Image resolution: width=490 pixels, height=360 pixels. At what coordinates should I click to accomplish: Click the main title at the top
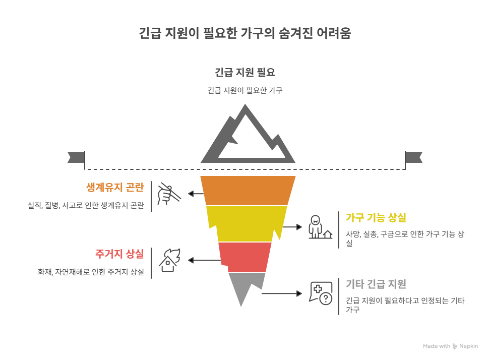tap(245, 34)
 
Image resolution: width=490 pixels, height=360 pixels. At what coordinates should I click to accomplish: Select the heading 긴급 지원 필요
tap(245, 72)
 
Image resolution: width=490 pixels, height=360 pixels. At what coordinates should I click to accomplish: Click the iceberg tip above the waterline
tap(248, 136)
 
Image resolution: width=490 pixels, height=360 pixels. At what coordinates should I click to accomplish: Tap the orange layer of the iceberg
tap(248, 190)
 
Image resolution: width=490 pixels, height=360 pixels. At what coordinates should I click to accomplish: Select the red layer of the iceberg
tap(246, 256)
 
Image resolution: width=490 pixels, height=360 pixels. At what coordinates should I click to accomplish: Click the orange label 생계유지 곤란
tap(115, 188)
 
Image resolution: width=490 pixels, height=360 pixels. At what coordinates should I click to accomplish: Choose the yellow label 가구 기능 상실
tap(376, 218)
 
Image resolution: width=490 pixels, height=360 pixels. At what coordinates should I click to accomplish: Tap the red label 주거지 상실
tap(119, 254)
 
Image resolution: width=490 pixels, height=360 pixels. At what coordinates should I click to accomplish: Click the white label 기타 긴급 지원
tap(376, 284)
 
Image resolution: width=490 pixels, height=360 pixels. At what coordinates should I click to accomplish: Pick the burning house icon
tap(169, 260)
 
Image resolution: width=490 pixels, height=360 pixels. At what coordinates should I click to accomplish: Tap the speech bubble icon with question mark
tap(321, 293)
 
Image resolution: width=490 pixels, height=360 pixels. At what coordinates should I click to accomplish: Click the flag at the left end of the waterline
tap(76, 157)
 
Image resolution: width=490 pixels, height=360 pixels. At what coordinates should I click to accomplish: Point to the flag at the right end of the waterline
tap(414, 157)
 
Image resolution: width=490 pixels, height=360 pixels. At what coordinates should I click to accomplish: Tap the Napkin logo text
tap(468, 346)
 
